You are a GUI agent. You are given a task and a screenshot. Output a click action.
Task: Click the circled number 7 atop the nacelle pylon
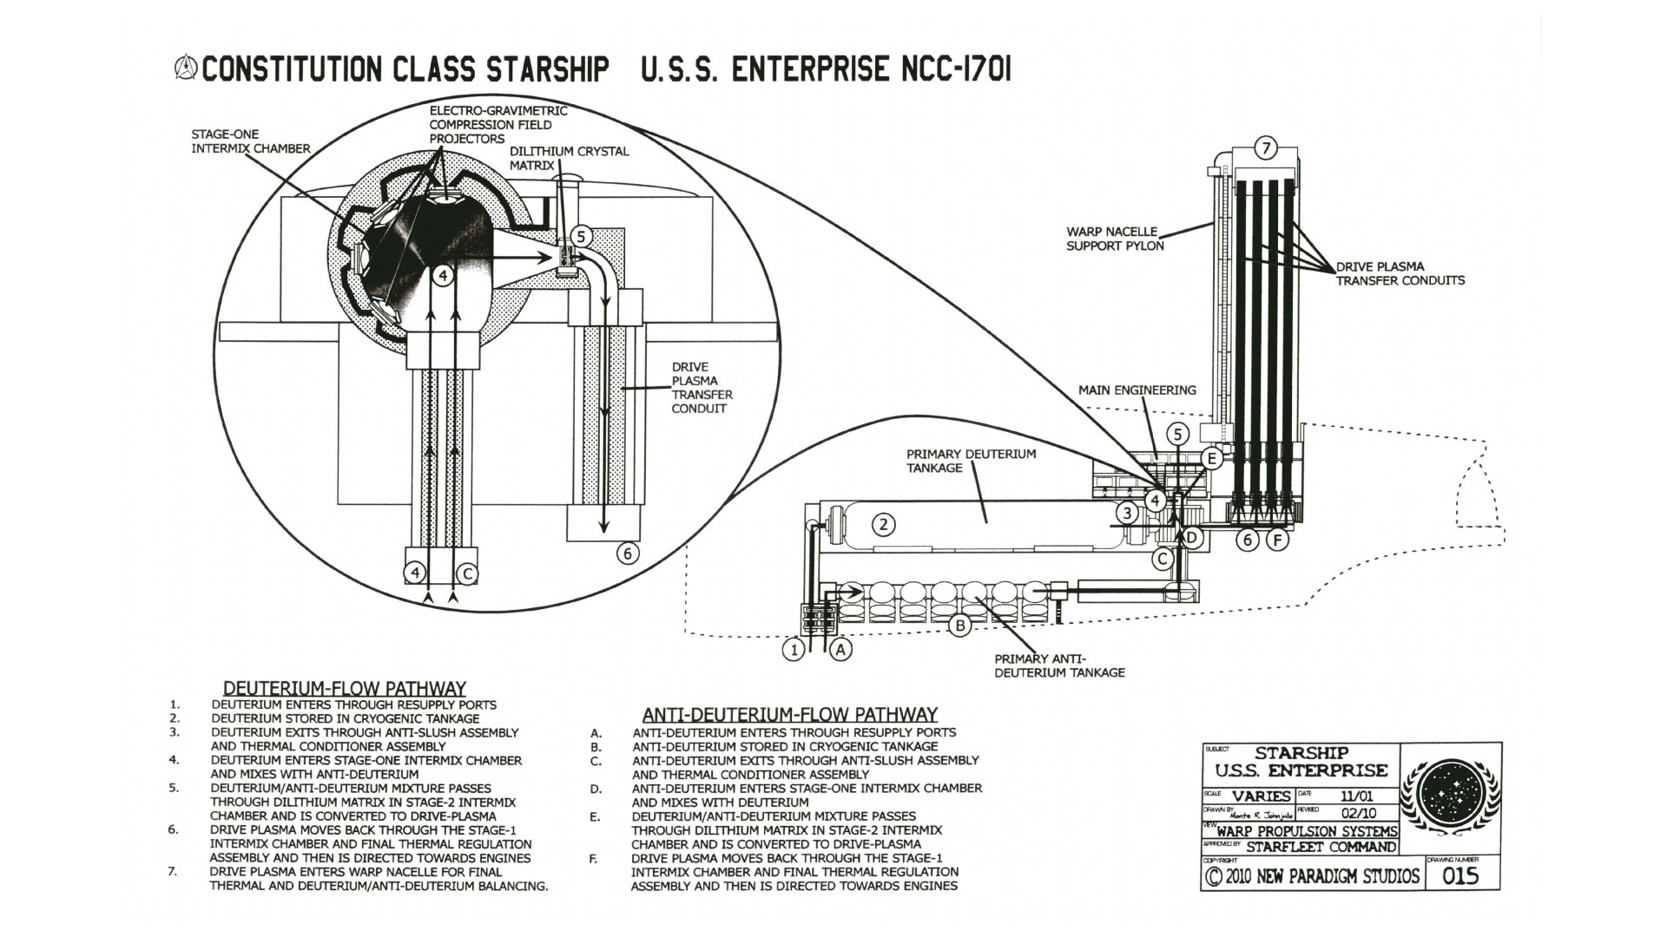(1266, 148)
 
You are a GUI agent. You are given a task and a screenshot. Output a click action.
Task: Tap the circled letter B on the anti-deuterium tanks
(959, 625)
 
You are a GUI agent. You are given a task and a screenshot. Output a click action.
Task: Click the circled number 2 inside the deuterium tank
(883, 524)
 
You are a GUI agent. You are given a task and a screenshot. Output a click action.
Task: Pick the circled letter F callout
(1276, 541)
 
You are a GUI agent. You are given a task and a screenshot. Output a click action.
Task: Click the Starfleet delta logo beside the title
(186, 69)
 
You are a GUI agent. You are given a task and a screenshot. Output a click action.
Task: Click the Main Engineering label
(1137, 390)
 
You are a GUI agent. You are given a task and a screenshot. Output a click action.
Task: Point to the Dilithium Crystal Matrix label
(569, 158)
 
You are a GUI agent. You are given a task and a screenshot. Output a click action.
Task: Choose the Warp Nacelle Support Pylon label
(1115, 239)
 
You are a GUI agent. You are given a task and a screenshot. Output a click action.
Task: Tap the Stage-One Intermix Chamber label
(250, 141)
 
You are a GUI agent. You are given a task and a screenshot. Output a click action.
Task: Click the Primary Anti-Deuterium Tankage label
(1059, 665)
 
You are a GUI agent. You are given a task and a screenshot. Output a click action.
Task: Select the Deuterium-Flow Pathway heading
(345, 689)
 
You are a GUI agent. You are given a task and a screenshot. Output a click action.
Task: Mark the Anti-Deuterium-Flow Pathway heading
(789, 715)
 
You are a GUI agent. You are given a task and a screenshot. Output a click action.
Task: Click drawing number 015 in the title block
(1459, 876)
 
